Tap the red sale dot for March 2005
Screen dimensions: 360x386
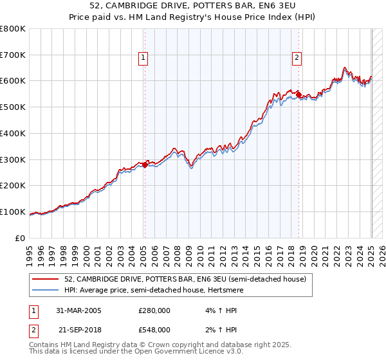(145, 165)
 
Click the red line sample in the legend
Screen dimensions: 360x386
(46, 280)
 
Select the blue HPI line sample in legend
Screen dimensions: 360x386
(46, 290)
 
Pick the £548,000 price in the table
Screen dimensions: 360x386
(154, 330)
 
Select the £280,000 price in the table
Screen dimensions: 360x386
(154, 310)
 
